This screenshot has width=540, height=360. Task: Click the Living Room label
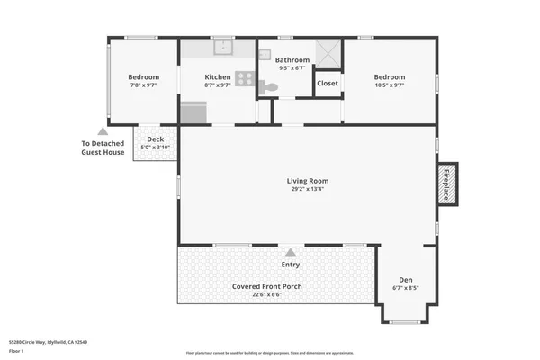pos(307,180)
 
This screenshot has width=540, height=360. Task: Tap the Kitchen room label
pos(218,77)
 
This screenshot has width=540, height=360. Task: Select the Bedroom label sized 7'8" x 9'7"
pos(143,77)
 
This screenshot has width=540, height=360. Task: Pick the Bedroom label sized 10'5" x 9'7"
pos(390,77)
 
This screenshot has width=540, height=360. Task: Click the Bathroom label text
pos(292,59)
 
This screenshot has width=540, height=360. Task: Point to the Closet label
pos(328,84)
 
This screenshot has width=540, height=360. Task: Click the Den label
pos(406,279)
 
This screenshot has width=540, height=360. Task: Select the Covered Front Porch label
pos(267,286)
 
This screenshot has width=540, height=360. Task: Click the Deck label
pos(155,139)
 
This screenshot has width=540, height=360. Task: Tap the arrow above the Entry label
pos(290,252)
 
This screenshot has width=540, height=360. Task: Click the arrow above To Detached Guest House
pos(103,131)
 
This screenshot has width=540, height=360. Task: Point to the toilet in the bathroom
pos(271,87)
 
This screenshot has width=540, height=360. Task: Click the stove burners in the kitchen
pos(245,78)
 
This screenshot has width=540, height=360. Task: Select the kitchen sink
pos(222,48)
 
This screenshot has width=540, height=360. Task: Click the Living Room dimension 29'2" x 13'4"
pos(307,189)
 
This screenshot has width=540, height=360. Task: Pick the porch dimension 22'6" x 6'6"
pos(267,294)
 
